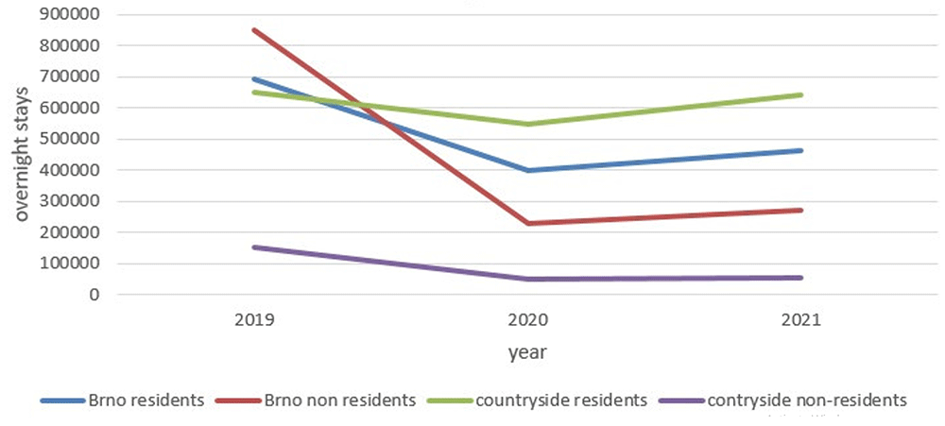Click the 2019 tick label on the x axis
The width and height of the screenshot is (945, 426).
click(x=255, y=321)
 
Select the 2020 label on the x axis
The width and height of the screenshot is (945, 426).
click(x=528, y=321)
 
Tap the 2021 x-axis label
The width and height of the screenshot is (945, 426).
click(x=801, y=321)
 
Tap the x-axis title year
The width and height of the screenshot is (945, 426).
click(x=527, y=352)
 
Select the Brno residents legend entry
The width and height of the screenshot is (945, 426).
click(x=122, y=400)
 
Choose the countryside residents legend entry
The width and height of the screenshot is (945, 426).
click(x=537, y=400)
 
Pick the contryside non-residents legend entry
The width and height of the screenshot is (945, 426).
click(x=783, y=400)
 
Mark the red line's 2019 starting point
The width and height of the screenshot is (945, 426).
click(x=255, y=30)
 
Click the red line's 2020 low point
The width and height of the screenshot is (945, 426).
click(x=528, y=224)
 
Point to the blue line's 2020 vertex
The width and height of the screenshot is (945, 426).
click(x=528, y=171)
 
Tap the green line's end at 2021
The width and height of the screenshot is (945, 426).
click(x=801, y=95)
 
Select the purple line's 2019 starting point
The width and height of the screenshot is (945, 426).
click(x=255, y=247)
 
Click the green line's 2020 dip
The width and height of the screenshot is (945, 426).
click(x=528, y=124)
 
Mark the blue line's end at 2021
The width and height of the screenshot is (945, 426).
click(x=801, y=150)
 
